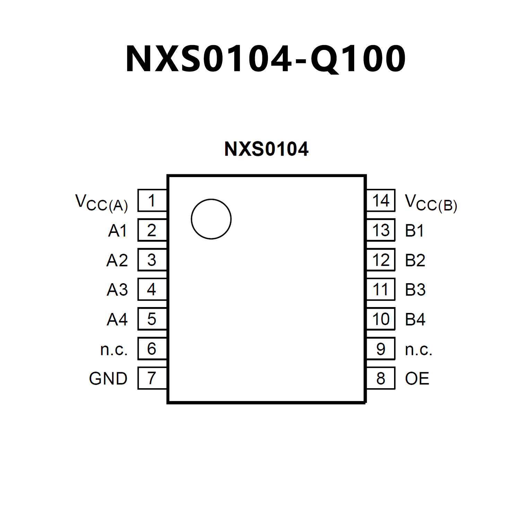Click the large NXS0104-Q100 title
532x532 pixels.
pos(265,59)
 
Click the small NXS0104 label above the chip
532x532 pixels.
pos(266,149)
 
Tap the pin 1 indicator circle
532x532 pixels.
pos(211,219)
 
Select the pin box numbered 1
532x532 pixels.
pos(152,201)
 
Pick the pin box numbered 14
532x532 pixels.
pos(381,201)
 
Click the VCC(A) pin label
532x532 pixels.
pos(102,203)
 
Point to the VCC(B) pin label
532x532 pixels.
pos(431,203)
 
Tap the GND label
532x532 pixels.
pos(108,378)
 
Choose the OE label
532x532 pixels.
pos(417,378)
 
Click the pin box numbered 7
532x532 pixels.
pos(152,378)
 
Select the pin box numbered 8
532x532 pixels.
pos(381,378)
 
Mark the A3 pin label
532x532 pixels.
pos(117,290)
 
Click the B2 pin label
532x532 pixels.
pos(415,260)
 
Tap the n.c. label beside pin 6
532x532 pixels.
pos(114,349)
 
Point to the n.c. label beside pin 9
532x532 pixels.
pos(418,349)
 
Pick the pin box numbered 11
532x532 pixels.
pos(381,289)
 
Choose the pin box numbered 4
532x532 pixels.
pos(152,289)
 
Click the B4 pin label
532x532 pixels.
pos(415,319)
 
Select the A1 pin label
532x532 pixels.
pos(117,231)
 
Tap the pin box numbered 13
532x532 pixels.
pos(381,230)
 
